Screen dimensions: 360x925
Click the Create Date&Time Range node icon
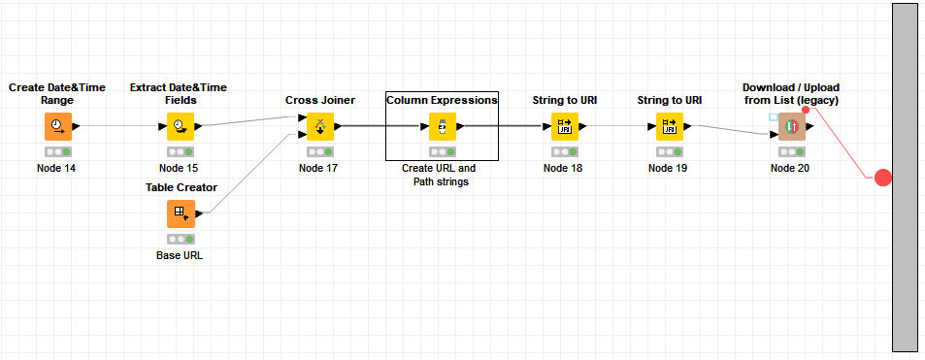point(57,126)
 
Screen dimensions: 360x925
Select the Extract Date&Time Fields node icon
point(180,126)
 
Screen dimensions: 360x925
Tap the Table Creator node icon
point(181,213)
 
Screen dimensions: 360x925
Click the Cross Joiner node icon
point(320,126)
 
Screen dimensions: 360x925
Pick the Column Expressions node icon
point(442,126)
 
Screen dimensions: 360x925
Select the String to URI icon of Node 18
point(564,126)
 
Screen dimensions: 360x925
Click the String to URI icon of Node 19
point(669,126)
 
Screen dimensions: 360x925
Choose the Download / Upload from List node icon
point(791,126)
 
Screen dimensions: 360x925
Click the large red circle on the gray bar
point(882,178)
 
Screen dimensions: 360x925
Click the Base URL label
point(180,255)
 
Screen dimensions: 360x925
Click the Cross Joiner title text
point(319,100)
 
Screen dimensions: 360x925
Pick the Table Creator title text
point(181,187)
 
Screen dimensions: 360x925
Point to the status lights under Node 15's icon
point(180,152)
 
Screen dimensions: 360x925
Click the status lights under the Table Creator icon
point(180,239)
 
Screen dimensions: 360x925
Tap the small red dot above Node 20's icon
point(806,111)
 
